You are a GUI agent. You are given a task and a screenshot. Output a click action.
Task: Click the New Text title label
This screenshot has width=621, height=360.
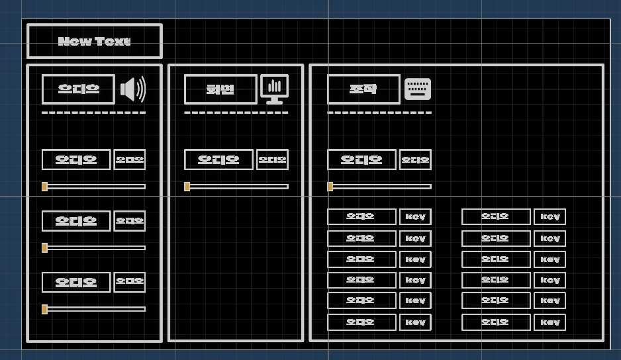94,41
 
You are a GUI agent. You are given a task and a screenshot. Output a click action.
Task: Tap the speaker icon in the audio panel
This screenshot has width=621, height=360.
132,89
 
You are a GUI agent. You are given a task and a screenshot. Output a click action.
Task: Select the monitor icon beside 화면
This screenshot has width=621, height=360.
275,89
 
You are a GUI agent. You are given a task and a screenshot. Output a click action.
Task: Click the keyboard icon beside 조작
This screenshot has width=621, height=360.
418,89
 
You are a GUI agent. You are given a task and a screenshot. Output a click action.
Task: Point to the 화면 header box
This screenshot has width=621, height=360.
220,89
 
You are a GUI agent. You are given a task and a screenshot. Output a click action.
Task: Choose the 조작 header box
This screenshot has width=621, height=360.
363,89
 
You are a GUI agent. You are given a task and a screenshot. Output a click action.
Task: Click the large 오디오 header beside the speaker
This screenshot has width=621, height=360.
78,89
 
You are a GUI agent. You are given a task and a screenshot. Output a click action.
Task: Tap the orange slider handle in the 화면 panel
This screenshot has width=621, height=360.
187,187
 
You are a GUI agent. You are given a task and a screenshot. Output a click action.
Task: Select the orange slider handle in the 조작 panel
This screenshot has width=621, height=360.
330,187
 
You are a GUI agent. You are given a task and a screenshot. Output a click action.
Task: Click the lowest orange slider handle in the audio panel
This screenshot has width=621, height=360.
44,309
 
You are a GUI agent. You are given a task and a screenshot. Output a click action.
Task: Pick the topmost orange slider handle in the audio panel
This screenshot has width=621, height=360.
44,187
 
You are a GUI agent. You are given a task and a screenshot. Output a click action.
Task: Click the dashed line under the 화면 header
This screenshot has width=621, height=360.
236,113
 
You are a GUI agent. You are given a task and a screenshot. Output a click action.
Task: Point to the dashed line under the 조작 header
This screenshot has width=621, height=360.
379,113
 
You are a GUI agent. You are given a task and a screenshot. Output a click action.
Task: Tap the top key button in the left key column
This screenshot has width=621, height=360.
415,217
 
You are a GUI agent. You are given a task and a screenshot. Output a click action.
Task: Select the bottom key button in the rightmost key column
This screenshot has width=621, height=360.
549,322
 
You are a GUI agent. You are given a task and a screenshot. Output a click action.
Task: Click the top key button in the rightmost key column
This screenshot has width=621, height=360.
549,217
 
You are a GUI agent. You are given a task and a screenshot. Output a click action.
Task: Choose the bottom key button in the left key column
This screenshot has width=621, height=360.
415,322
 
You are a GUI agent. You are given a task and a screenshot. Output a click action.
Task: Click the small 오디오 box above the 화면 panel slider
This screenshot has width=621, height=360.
272,159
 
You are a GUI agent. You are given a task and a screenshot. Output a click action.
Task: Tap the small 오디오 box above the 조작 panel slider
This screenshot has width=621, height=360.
415,159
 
